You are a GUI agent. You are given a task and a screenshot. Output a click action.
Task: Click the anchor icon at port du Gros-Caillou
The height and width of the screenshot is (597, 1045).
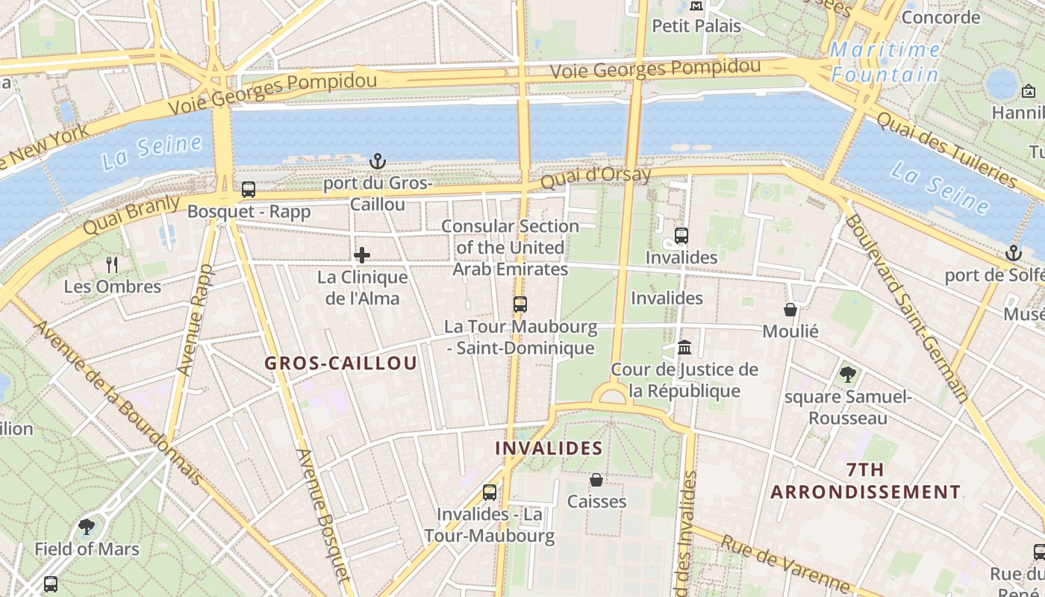[378, 160]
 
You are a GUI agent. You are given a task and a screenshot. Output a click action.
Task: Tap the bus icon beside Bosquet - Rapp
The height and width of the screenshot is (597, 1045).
[249, 190]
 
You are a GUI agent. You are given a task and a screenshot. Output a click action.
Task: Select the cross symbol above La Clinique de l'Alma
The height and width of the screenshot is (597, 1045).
[362, 255]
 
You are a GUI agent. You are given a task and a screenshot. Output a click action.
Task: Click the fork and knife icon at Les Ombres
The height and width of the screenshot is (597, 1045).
[112, 264]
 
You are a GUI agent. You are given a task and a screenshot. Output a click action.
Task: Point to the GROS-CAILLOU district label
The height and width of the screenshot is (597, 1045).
[341, 363]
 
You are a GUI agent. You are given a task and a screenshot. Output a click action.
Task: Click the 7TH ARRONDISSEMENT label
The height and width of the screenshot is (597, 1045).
[866, 481]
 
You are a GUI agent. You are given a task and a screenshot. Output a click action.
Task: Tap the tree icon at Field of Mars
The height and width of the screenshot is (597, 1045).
[87, 527]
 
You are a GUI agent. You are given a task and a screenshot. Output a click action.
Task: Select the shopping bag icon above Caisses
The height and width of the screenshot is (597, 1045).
[596, 479]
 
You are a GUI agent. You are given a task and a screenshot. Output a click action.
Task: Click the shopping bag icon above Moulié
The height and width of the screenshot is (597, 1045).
[790, 309]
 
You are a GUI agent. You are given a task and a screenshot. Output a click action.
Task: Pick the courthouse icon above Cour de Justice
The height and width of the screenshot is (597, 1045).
[684, 348]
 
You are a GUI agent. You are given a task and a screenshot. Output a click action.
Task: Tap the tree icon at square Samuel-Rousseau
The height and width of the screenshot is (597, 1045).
[847, 375]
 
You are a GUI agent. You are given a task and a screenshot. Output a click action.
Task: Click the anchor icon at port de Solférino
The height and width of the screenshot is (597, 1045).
[1013, 253]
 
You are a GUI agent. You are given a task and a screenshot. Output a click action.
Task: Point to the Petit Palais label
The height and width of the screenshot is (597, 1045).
[696, 26]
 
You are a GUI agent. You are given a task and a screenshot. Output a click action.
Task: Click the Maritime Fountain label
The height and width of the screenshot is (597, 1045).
[885, 62]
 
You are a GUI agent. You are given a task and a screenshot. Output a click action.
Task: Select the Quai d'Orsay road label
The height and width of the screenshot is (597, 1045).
[596, 178]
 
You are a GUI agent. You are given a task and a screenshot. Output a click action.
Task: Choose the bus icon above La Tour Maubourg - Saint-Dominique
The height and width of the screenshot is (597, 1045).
[520, 304]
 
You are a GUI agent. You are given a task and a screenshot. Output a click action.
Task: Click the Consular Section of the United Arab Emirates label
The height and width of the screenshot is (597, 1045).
[511, 247]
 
